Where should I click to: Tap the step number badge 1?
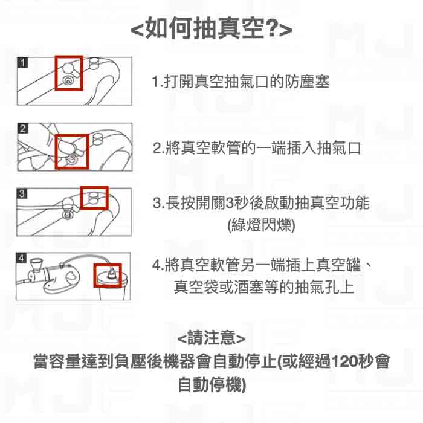[x=22, y=62]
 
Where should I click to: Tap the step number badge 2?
[x=22, y=128]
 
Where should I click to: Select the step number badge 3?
[x=22, y=193]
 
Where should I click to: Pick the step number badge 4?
[x=22, y=258]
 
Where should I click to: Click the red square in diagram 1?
[x=68, y=73]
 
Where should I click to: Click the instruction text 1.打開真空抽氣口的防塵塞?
[x=241, y=82]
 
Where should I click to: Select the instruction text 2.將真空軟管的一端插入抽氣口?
[x=256, y=147]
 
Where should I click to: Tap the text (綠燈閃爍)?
[x=260, y=225]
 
